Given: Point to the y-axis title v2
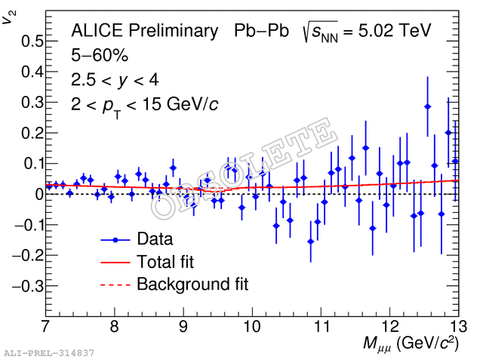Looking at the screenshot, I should coord(8,17).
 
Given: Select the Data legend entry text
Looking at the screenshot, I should coord(155,240).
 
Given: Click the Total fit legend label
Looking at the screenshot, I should coord(165,262).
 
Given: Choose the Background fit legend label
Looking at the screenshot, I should coord(192,285).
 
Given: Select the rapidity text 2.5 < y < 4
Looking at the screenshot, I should coord(115,79).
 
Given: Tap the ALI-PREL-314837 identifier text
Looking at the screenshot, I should coord(49,353).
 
